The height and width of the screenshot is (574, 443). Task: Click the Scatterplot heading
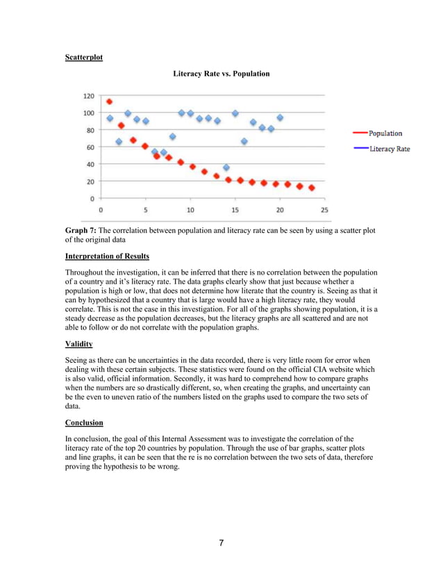(83, 57)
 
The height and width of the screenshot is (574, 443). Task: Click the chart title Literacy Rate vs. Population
(221, 74)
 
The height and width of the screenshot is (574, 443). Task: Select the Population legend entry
(385, 133)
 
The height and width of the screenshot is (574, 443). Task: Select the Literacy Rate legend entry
(389, 149)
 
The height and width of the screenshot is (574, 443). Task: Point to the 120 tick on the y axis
(90, 96)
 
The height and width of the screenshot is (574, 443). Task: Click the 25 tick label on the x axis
(324, 210)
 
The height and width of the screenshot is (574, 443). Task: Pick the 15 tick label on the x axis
(235, 210)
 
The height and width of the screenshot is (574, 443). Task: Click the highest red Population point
(109, 101)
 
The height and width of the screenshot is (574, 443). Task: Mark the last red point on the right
(312, 188)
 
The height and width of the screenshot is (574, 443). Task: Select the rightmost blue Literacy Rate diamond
(280, 118)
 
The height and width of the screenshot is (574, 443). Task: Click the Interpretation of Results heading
(107, 256)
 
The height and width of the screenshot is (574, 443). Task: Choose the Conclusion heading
(84, 423)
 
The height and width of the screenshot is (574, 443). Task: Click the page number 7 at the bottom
(221, 543)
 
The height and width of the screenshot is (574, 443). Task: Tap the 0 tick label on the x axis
(101, 210)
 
